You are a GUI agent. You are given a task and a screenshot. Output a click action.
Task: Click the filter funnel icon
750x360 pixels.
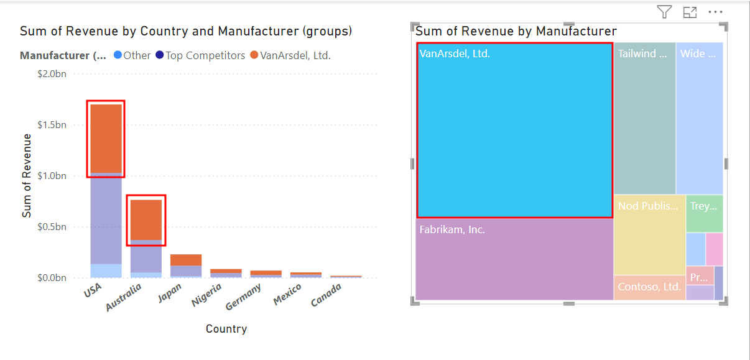click(x=665, y=12)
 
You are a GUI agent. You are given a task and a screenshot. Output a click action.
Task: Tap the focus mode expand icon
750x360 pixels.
click(x=690, y=12)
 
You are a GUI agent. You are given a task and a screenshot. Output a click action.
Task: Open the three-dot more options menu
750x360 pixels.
click(x=715, y=12)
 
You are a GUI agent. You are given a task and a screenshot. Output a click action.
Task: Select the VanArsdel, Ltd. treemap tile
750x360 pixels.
click(x=514, y=130)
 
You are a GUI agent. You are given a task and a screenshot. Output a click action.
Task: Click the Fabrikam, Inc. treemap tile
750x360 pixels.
click(x=514, y=259)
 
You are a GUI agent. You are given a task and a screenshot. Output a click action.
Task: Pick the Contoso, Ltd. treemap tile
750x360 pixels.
click(x=649, y=287)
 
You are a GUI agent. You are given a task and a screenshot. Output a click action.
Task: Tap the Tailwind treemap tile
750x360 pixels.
click(x=644, y=118)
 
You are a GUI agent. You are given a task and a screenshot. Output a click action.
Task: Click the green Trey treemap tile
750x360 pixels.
click(x=705, y=213)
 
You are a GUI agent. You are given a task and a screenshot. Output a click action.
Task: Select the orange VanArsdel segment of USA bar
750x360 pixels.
click(x=106, y=138)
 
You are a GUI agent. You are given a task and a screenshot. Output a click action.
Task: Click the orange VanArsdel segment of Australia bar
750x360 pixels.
click(x=146, y=219)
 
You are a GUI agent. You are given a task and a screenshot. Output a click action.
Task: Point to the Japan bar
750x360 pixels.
click(x=186, y=265)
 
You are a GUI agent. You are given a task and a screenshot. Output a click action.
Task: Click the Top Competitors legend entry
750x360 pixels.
click(x=200, y=55)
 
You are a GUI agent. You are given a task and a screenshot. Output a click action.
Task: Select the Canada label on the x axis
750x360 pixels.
click(x=326, y=295)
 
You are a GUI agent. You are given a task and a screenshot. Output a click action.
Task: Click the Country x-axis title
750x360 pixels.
click(x=226, y=329)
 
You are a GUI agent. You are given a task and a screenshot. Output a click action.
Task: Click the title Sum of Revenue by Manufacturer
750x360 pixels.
click(x=516, y=31)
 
